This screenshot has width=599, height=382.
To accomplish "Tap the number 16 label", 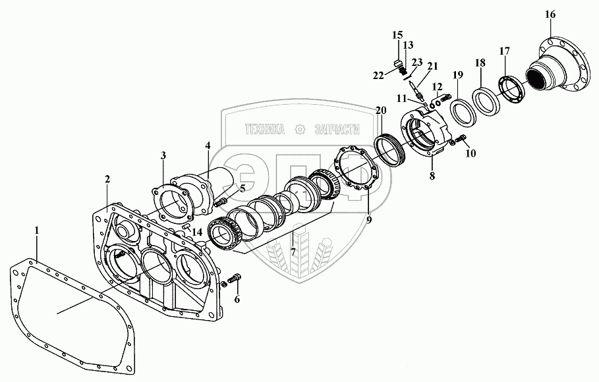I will pyautogui.click(x=550, y=14).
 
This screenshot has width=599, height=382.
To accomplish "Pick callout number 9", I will pyautogui.click(x=369, y=220).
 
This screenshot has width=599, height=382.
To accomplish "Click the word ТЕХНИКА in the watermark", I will pyautogui.click(x=264, y=130).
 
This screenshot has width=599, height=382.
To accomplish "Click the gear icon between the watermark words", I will pyautogui.click(x=300, y=130).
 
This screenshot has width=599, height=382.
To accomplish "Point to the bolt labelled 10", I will pyautogui.click(x=458, y=138).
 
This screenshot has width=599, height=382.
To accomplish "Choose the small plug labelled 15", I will pyautogui.click(x=398, y=64).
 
